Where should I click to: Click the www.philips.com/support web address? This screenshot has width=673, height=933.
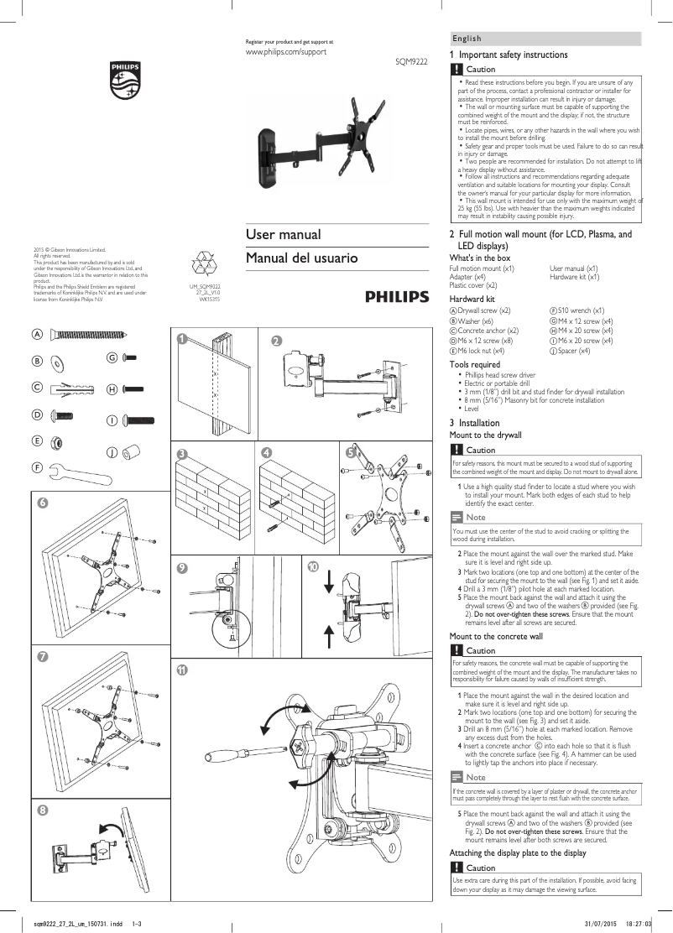click(284, 52)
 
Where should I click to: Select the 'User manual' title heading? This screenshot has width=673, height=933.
click(283, 234)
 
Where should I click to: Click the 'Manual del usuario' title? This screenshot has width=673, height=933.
click(301, 258)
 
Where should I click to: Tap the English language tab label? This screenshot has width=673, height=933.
click(467, 39)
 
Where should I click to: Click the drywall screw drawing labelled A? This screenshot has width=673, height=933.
click(91, 335)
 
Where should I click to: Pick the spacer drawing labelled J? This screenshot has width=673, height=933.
click(132, 453)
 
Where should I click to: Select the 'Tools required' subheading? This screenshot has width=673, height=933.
click(475, 365)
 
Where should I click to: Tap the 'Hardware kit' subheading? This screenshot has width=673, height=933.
click(472, 299)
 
